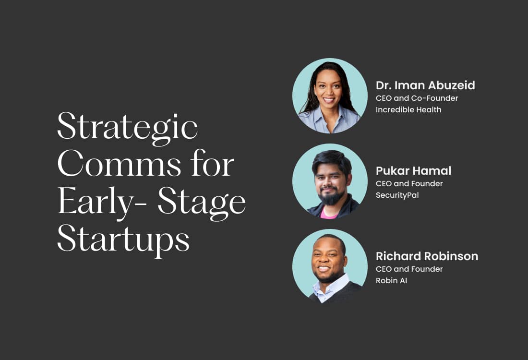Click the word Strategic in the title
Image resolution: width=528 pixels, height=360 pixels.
(127, 127)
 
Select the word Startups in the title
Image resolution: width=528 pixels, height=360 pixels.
(123, 240)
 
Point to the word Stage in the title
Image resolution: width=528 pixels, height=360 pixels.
(202, 203)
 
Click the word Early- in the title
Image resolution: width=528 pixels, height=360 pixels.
(101, 203)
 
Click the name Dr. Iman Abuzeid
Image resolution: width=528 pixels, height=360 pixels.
(425, 85)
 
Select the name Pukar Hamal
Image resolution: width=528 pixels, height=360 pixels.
(413, 171)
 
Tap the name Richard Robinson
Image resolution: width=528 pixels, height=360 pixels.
(427, 256)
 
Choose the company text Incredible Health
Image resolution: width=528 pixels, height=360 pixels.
(408, 110)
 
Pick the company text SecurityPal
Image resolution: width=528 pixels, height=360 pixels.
(397, 195)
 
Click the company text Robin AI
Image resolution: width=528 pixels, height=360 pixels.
(391, 281)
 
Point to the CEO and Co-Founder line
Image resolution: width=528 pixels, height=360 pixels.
(417, 98)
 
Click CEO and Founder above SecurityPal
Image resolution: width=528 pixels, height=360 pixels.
(409, 184)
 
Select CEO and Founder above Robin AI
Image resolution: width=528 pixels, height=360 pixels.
(409, 269)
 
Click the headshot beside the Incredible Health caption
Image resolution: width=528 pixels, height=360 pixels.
(330, 96)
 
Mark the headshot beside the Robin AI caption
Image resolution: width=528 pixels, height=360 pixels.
(330, 266)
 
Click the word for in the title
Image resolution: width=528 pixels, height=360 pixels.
(216, 165)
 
